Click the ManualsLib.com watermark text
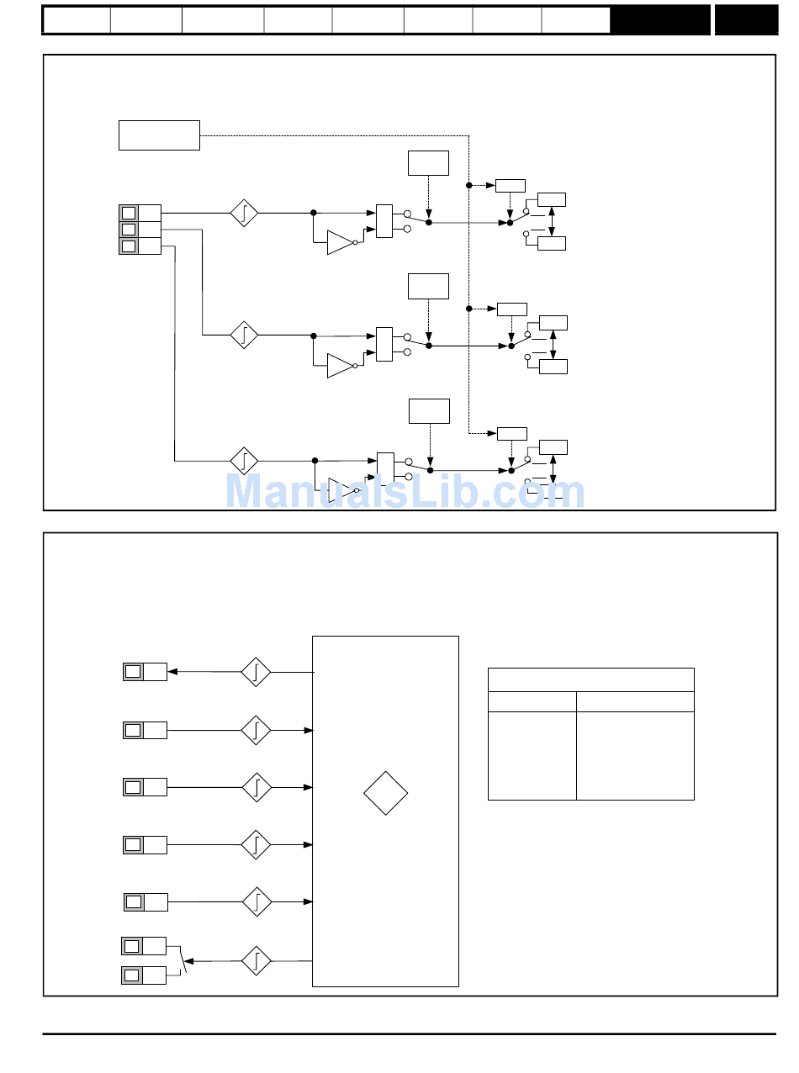[405, 492]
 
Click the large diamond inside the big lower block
[385, 792]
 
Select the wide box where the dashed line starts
[159, 135]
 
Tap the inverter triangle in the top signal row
[341, 242]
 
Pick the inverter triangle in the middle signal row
[341, 366]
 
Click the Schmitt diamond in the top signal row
[244, 213]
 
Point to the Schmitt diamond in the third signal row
[244, 461]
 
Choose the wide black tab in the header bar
[660, 20]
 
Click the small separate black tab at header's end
[746, 20]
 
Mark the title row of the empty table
[590, 679]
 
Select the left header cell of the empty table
[532, 701]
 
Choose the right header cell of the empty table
[635, 701]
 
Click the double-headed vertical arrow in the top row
[552, 221]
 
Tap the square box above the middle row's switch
[428, 286]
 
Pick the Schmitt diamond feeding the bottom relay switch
[256, 959]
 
